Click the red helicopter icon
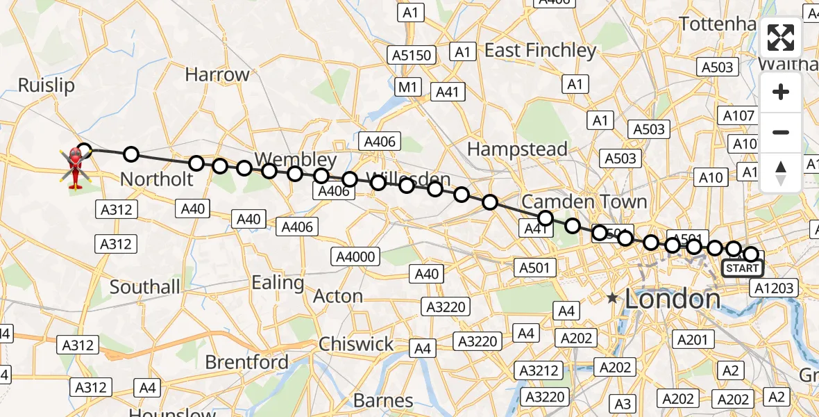pyautogui.click(x=75, y=167)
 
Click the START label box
pyautogui.click(x=743, y=268)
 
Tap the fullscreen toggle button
pyautogui.click(x=781, y=38)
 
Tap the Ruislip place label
pyautogui.click(x=46, y=85)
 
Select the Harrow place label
pyautogui.click(x=217, y=75)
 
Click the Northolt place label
pyautogui.click(x=157, y=179)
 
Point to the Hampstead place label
pyautogui.click(x=517, y=149)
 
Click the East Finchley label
pyautogui.click(x=541, y=51)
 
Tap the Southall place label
pyautogui.click(x=145, y=287)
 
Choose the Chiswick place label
pyautogui.click(x=356, y=344)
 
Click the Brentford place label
pyautogui.click(x=246, y=362)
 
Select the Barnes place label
pyautogui.click(x=384, y=400)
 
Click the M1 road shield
pyautogui.click(x=407, y=87)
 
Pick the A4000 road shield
pyautogui.click(x=355, y=256)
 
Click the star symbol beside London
pyautogui.click(x=611, y=299)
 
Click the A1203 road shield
pyautogui.click(x=775, y=288)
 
